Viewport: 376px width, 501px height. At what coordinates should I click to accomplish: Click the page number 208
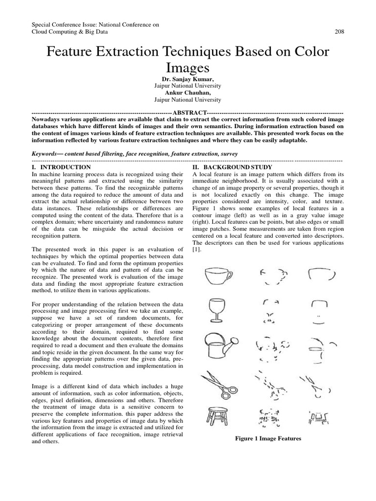[x=339, y=32]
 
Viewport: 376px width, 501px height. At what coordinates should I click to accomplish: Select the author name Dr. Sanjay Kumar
[x=188, y=78]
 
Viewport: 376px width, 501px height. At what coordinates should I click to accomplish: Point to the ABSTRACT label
[x=188, y=112]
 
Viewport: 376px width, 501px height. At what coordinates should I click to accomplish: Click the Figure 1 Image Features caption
[x=268, y=438]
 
